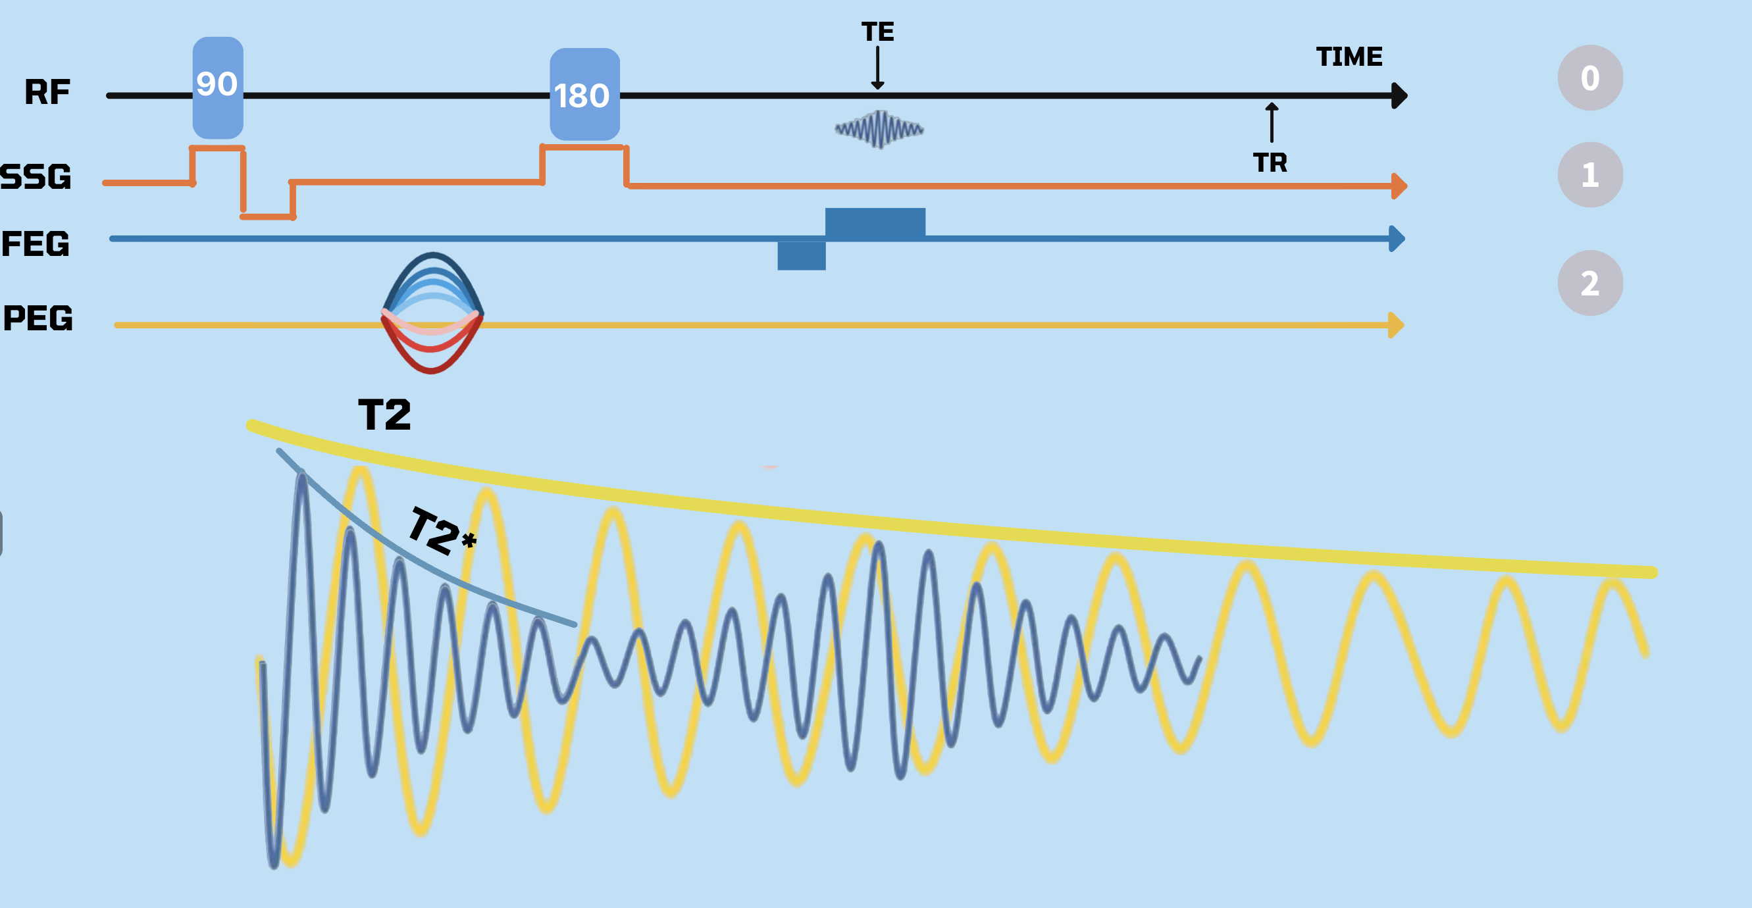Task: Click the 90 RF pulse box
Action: click(218, 87)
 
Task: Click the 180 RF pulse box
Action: click(584, 95)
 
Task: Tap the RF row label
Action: click(47, 92)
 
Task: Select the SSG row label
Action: click(36, 176)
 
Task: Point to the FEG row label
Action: click(36, 243)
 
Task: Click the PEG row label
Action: click(38, 318)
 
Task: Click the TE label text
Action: click(877, 32)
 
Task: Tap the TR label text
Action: click(1270, 163)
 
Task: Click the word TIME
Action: click(1349, 57)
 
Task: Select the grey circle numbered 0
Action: click(1589, 78)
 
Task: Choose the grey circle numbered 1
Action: click(1589, 175)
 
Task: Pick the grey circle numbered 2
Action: click(1589, 283)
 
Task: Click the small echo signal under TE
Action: click(879, 128)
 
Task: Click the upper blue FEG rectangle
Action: click(875, 222)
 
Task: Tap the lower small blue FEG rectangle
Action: click(801, 256)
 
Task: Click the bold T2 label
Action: click(384, 415)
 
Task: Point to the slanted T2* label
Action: click(441, 531)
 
